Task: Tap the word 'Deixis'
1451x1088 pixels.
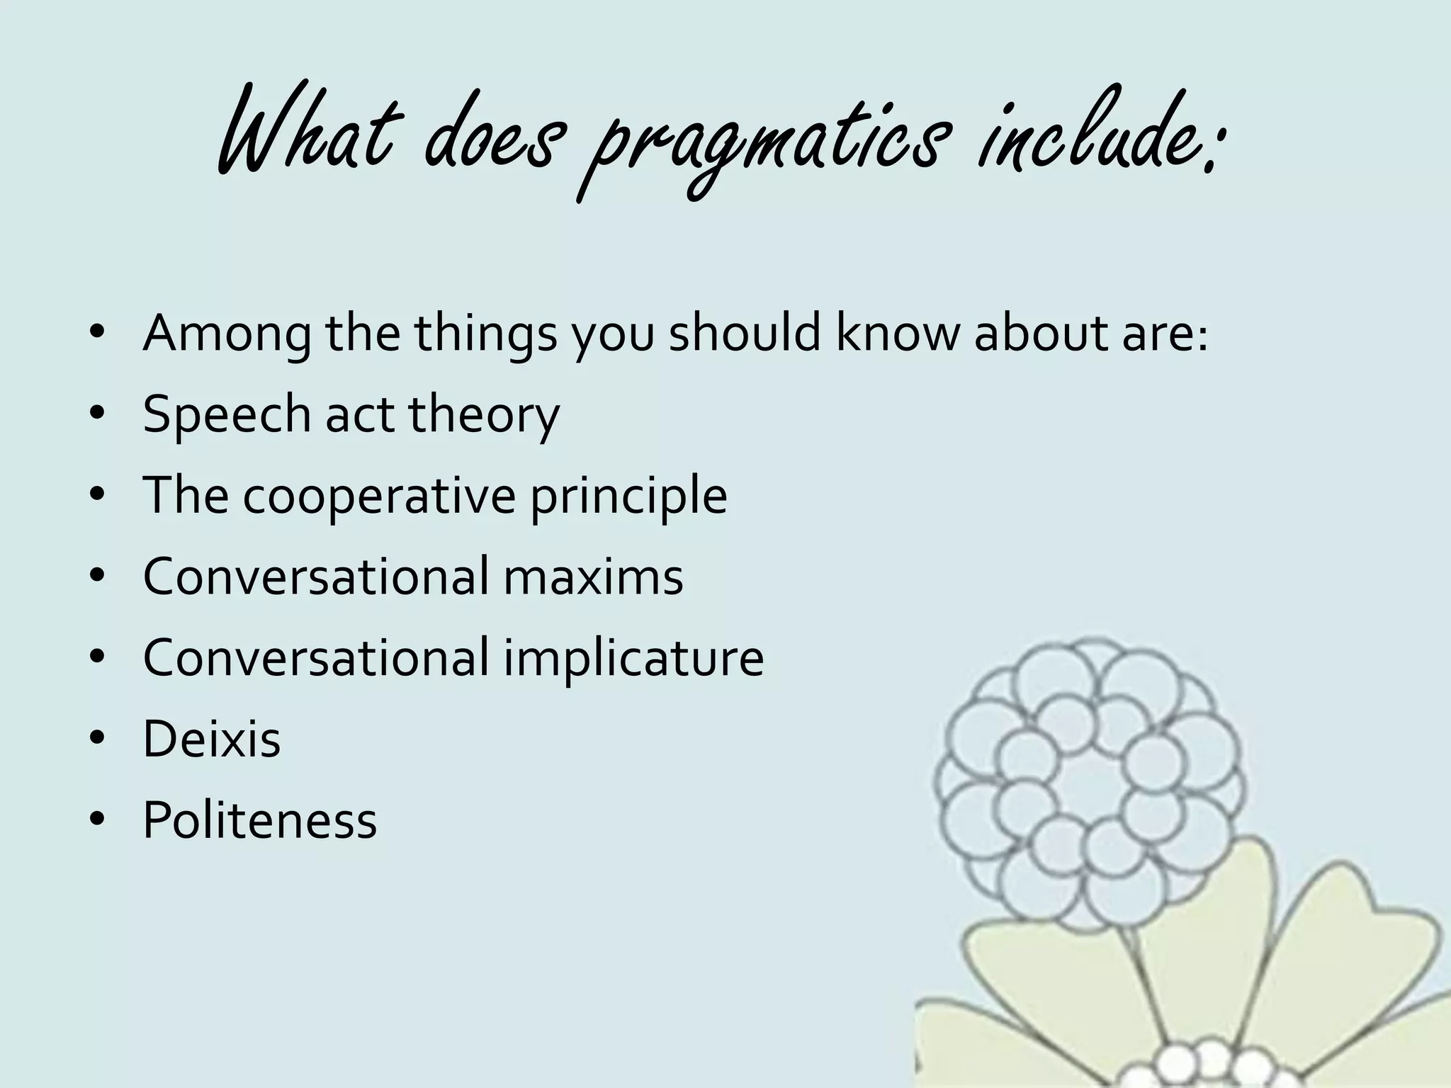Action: (212, 739)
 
